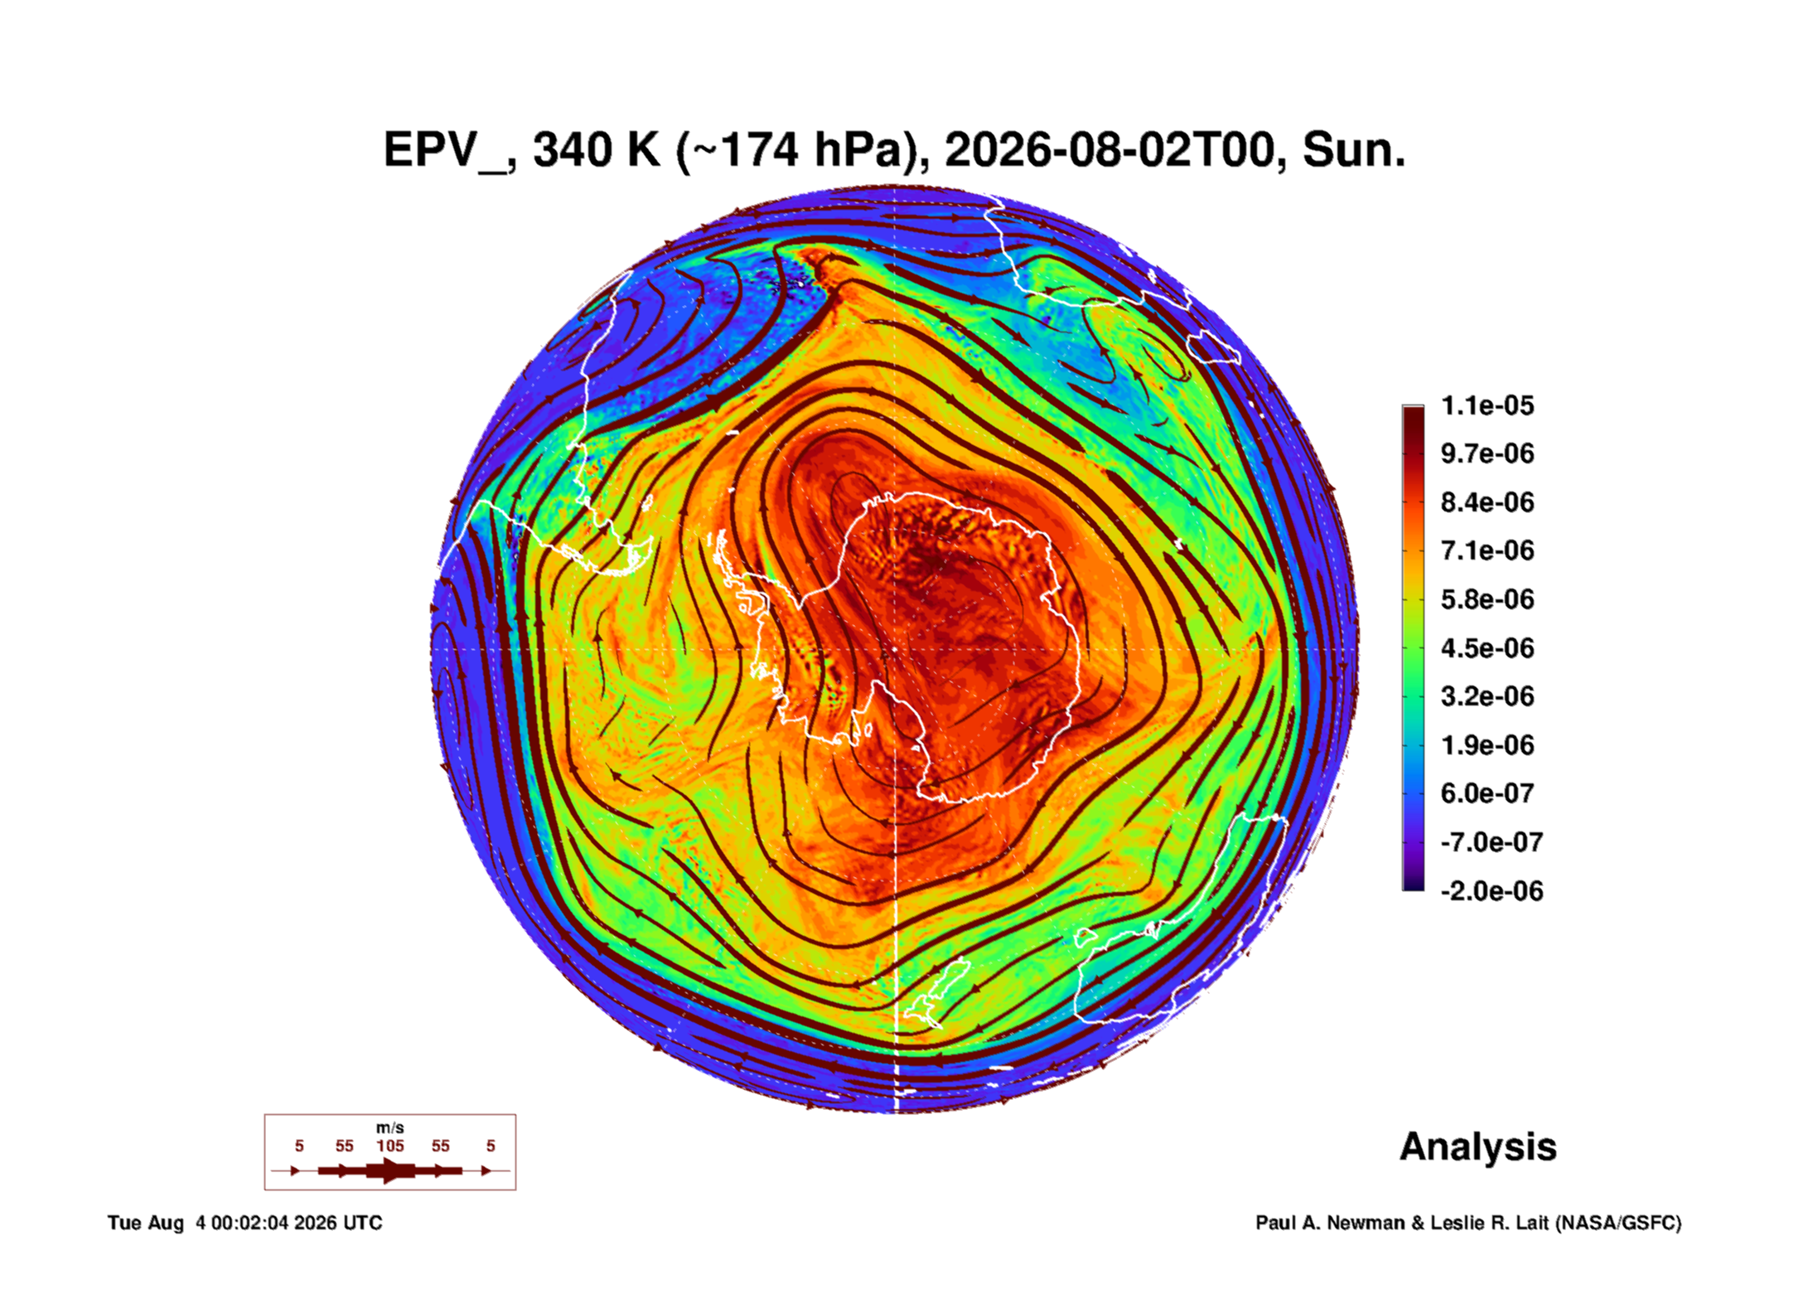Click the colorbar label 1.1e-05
[x=1487, y=405]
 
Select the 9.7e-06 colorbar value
[x=1487, y=453]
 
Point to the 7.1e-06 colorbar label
[x=1487, y=550]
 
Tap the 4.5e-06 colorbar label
[x=1487, y=647]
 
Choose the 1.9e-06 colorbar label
[x=1487, y=744]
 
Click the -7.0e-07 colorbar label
[x=1492, y=842]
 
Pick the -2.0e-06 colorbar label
[x=1492, y=891]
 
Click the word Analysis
[x=1478, y=1146]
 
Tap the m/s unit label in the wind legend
[x=390, y=1127]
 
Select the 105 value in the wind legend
[x=390, y=1146]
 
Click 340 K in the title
[x=597, y=150]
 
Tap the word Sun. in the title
[x=1354, y=150]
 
